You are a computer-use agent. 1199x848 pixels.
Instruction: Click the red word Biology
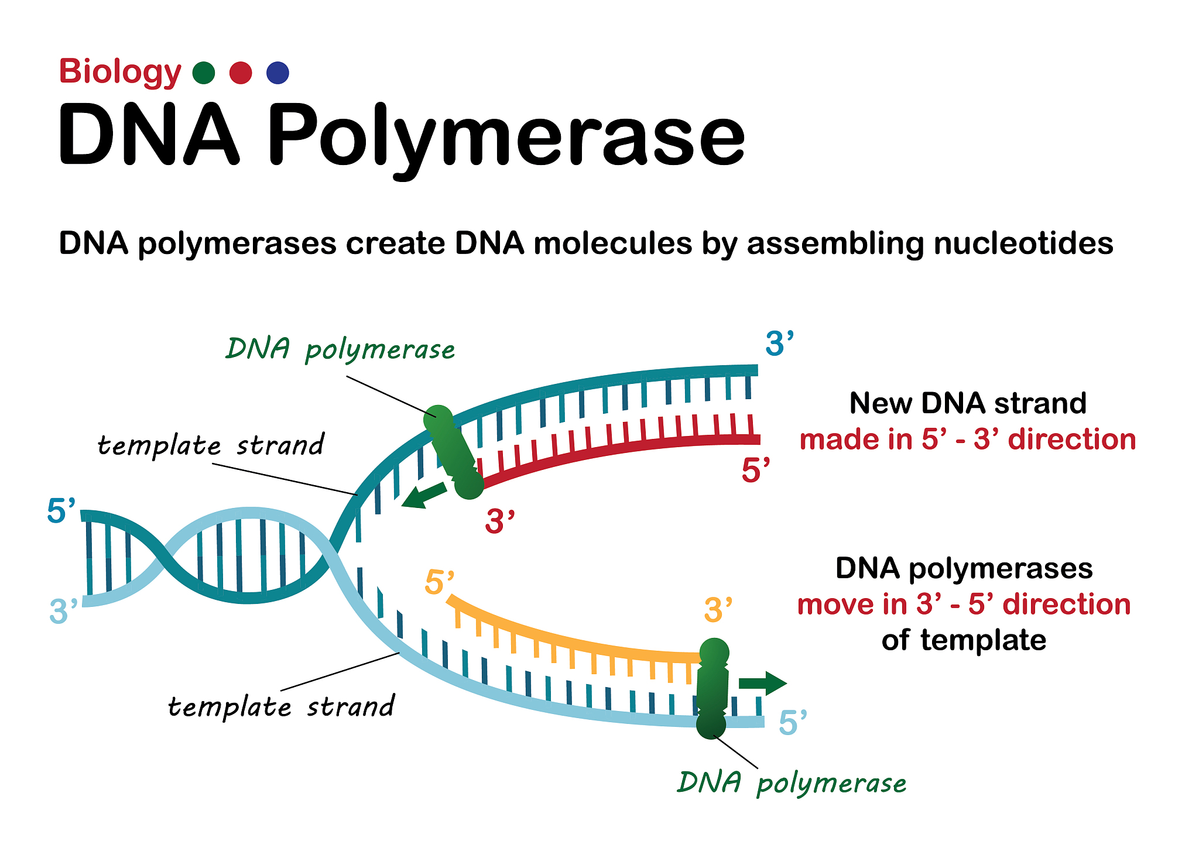point(119,72)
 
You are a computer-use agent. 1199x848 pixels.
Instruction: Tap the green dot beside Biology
point(204,73)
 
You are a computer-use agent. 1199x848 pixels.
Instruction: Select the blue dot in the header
point(278,73)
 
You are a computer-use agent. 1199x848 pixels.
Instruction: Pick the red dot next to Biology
point(241,73)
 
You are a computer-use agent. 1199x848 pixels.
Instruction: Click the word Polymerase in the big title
point(506,136)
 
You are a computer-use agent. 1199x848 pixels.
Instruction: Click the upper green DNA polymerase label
point(340,350)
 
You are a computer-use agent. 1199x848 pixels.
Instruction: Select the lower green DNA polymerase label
point(792,783)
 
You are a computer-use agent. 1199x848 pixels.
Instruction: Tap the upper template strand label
point(211,445)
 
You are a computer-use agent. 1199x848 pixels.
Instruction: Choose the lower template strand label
point(282,706)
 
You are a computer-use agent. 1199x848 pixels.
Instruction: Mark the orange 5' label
point(439,582)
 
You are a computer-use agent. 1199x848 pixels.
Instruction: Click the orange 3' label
point(718,610)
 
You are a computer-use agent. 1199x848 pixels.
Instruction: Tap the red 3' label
point(499,521)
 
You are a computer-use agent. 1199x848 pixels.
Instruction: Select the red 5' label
point(755,470)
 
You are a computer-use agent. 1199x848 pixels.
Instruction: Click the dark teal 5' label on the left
point(61,511)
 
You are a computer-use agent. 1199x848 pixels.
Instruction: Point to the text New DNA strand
point(968,403)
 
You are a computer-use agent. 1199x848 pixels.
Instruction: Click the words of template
point(964,640)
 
